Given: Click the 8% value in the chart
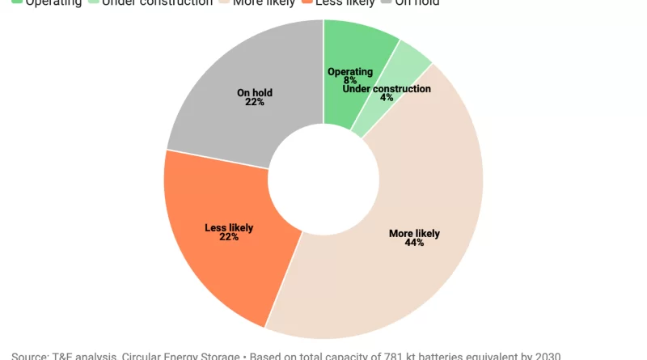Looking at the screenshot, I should coord(350,81).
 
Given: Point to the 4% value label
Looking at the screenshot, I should coord(387,98).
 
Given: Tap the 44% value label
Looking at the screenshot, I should coord(414,243).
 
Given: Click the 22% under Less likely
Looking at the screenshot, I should coord(229,237).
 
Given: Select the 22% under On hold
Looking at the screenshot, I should coord(255,102).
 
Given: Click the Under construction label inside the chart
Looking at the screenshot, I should coord(387,88).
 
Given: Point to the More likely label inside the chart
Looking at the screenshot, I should coord(414,233).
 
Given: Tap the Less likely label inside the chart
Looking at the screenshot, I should coord(229,227).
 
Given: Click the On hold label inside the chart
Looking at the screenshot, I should coord(255,92).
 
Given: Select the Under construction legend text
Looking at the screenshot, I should coord(158,3).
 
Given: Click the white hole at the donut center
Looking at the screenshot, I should coord(323,179).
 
